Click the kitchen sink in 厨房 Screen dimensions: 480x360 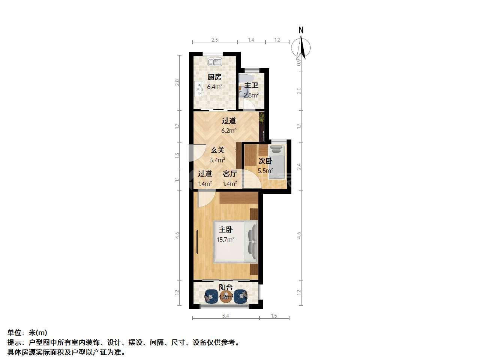215,61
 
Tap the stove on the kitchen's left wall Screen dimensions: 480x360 46,89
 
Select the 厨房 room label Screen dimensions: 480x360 214,77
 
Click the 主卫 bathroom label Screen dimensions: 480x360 251,85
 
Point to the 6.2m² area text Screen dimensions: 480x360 229,130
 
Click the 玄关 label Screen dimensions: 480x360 217,150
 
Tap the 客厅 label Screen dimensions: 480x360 230,174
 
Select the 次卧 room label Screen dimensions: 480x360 265,161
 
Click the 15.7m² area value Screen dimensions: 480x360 226,240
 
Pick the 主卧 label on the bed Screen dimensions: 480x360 226,229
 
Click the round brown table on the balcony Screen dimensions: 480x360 226,297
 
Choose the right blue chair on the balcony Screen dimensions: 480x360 241,296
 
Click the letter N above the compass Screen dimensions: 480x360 301,30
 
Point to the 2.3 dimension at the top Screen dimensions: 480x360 215,40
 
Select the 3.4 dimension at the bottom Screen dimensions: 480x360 225,316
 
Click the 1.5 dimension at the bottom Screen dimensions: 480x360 274,316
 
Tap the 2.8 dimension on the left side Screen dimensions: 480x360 177,82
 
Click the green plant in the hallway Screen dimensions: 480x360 261,118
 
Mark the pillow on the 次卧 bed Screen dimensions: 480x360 276,150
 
